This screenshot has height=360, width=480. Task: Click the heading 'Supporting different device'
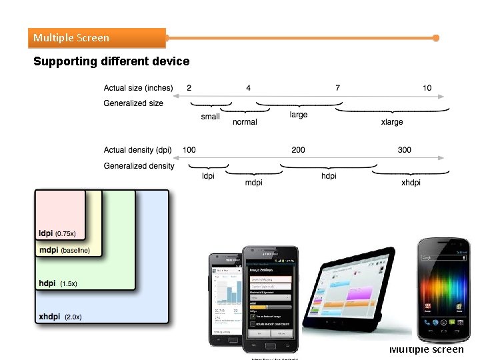coord(111,61)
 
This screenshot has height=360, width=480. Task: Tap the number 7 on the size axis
coord(338,88)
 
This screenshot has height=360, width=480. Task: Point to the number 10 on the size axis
coord(427,88)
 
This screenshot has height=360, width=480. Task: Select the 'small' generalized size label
coord(210,117)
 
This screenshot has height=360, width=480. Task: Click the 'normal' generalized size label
coord(245,122)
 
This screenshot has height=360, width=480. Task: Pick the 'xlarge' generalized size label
coord(392,122)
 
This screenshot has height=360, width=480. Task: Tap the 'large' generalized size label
coord(299,115)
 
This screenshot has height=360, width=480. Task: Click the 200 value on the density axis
coord(298,150)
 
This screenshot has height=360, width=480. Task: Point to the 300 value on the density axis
coord(404,150)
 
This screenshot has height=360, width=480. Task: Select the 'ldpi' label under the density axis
coord(208,176)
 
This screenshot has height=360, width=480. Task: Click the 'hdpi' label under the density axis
coord(329,176)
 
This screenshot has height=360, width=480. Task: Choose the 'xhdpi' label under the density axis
coord(411,183)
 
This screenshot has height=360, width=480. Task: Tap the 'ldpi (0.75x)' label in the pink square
coord(57,233)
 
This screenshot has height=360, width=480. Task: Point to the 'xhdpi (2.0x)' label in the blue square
coord(60,317)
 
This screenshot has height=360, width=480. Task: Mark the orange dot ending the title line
coord(436,38)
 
